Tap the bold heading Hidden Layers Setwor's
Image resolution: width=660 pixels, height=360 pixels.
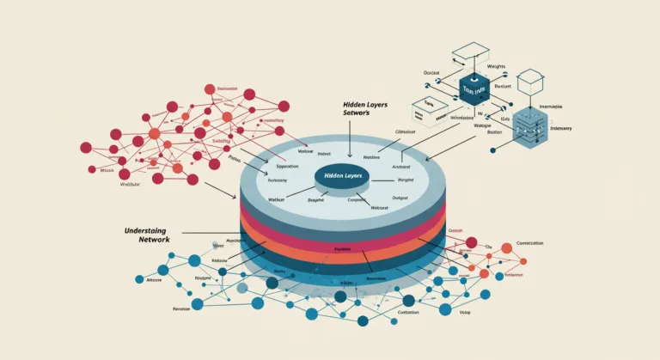pyautogui.click(x=364, y=109)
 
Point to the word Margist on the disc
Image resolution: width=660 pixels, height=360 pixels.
pyautogui.click(x=406, y=180)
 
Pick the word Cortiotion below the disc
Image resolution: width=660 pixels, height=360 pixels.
pyautogui.click(x=408, y=313)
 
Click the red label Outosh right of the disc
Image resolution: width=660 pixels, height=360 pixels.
pyautogui.click(x=455, y=229)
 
